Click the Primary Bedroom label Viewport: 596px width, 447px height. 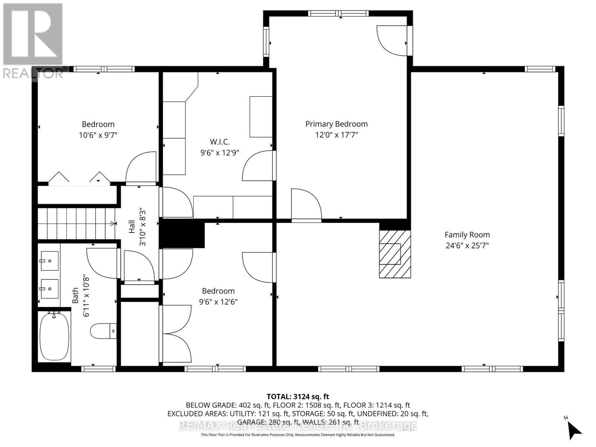[x=336, y=124]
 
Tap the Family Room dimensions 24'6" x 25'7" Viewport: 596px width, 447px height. [x=467, y=245]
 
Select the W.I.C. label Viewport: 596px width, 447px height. [x=219, y=142]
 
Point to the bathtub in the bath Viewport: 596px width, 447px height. [x=54, y=337]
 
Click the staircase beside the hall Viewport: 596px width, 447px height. [x=76, y=223]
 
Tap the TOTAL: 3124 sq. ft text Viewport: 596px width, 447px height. [x=298, y=397]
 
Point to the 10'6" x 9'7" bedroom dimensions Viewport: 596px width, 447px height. [x=98, y=135]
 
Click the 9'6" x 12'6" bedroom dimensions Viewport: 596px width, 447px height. [x=218, y=302]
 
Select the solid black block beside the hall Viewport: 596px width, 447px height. [x=182, y=235]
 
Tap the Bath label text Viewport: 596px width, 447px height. [x=75, y=295]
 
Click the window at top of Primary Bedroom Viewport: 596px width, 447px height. [x=338, y=14]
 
